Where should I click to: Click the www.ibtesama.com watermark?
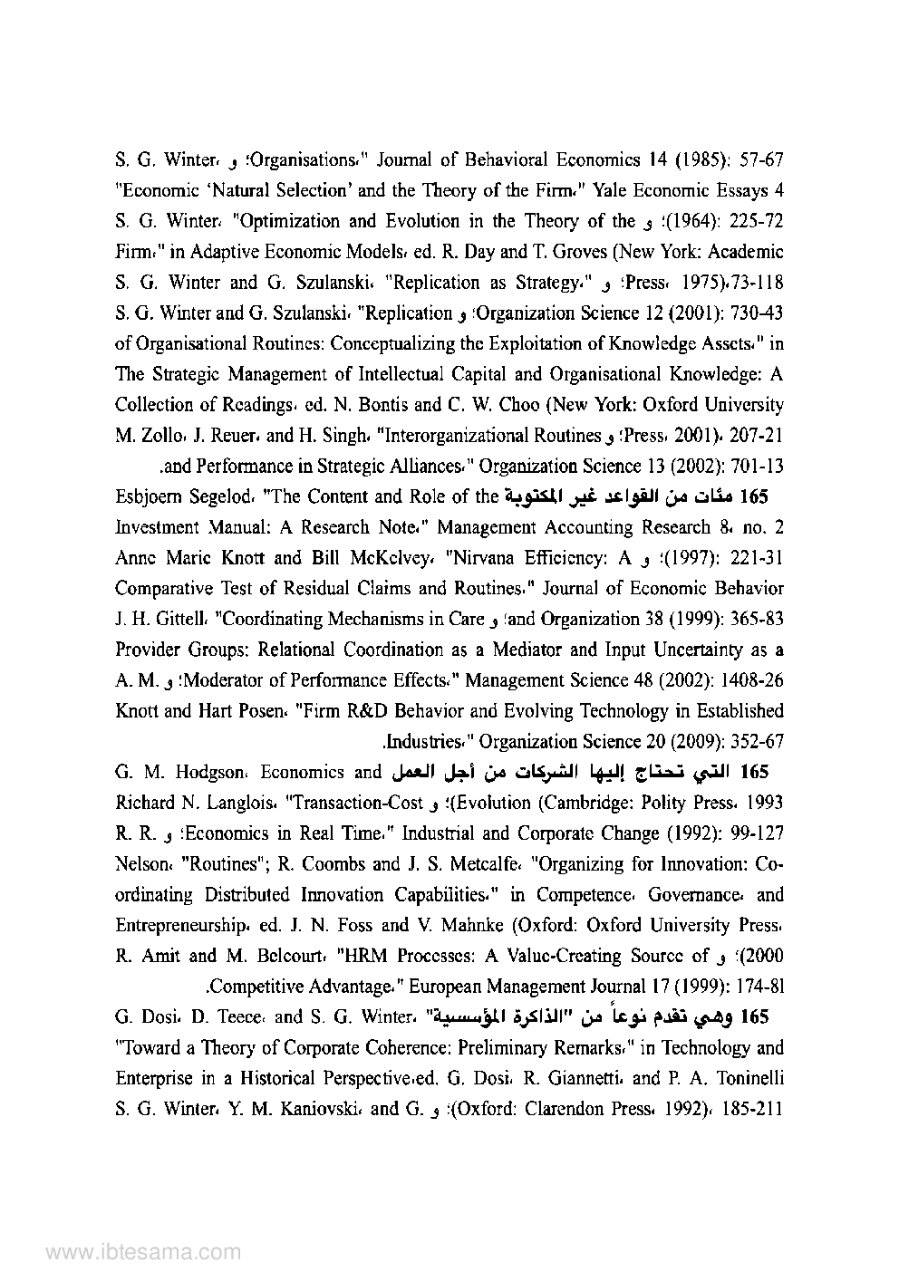143,1253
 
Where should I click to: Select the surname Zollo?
139,436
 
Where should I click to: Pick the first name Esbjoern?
152,496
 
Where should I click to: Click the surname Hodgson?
214,773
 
